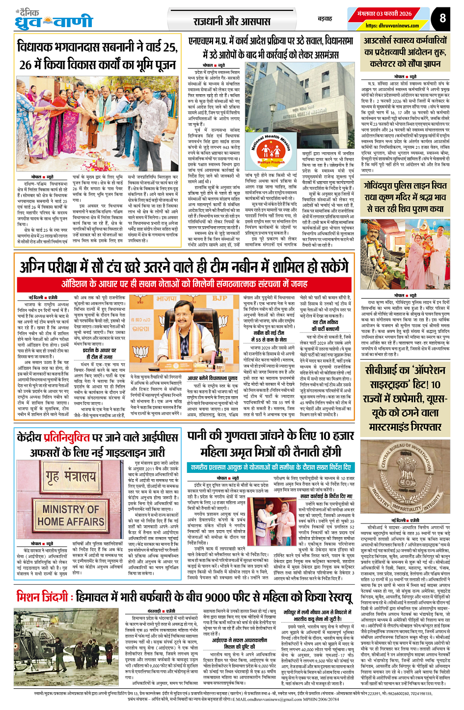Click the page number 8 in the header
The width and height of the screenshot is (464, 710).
(x=443, y=18)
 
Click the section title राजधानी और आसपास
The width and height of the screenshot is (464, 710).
(x=232, y=21)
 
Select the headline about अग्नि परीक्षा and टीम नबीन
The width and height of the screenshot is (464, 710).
(x=184, y=267)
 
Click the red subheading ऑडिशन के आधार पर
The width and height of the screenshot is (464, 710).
(x=184, y=284)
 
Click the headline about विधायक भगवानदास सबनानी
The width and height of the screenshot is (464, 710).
(x=97, y=55)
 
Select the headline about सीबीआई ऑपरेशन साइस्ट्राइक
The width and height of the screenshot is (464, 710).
(x=406, y=398)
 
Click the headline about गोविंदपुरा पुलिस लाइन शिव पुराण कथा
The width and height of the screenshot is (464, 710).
(x=406, y=197)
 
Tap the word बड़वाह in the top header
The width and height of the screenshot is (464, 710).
(x=325, y=19)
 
